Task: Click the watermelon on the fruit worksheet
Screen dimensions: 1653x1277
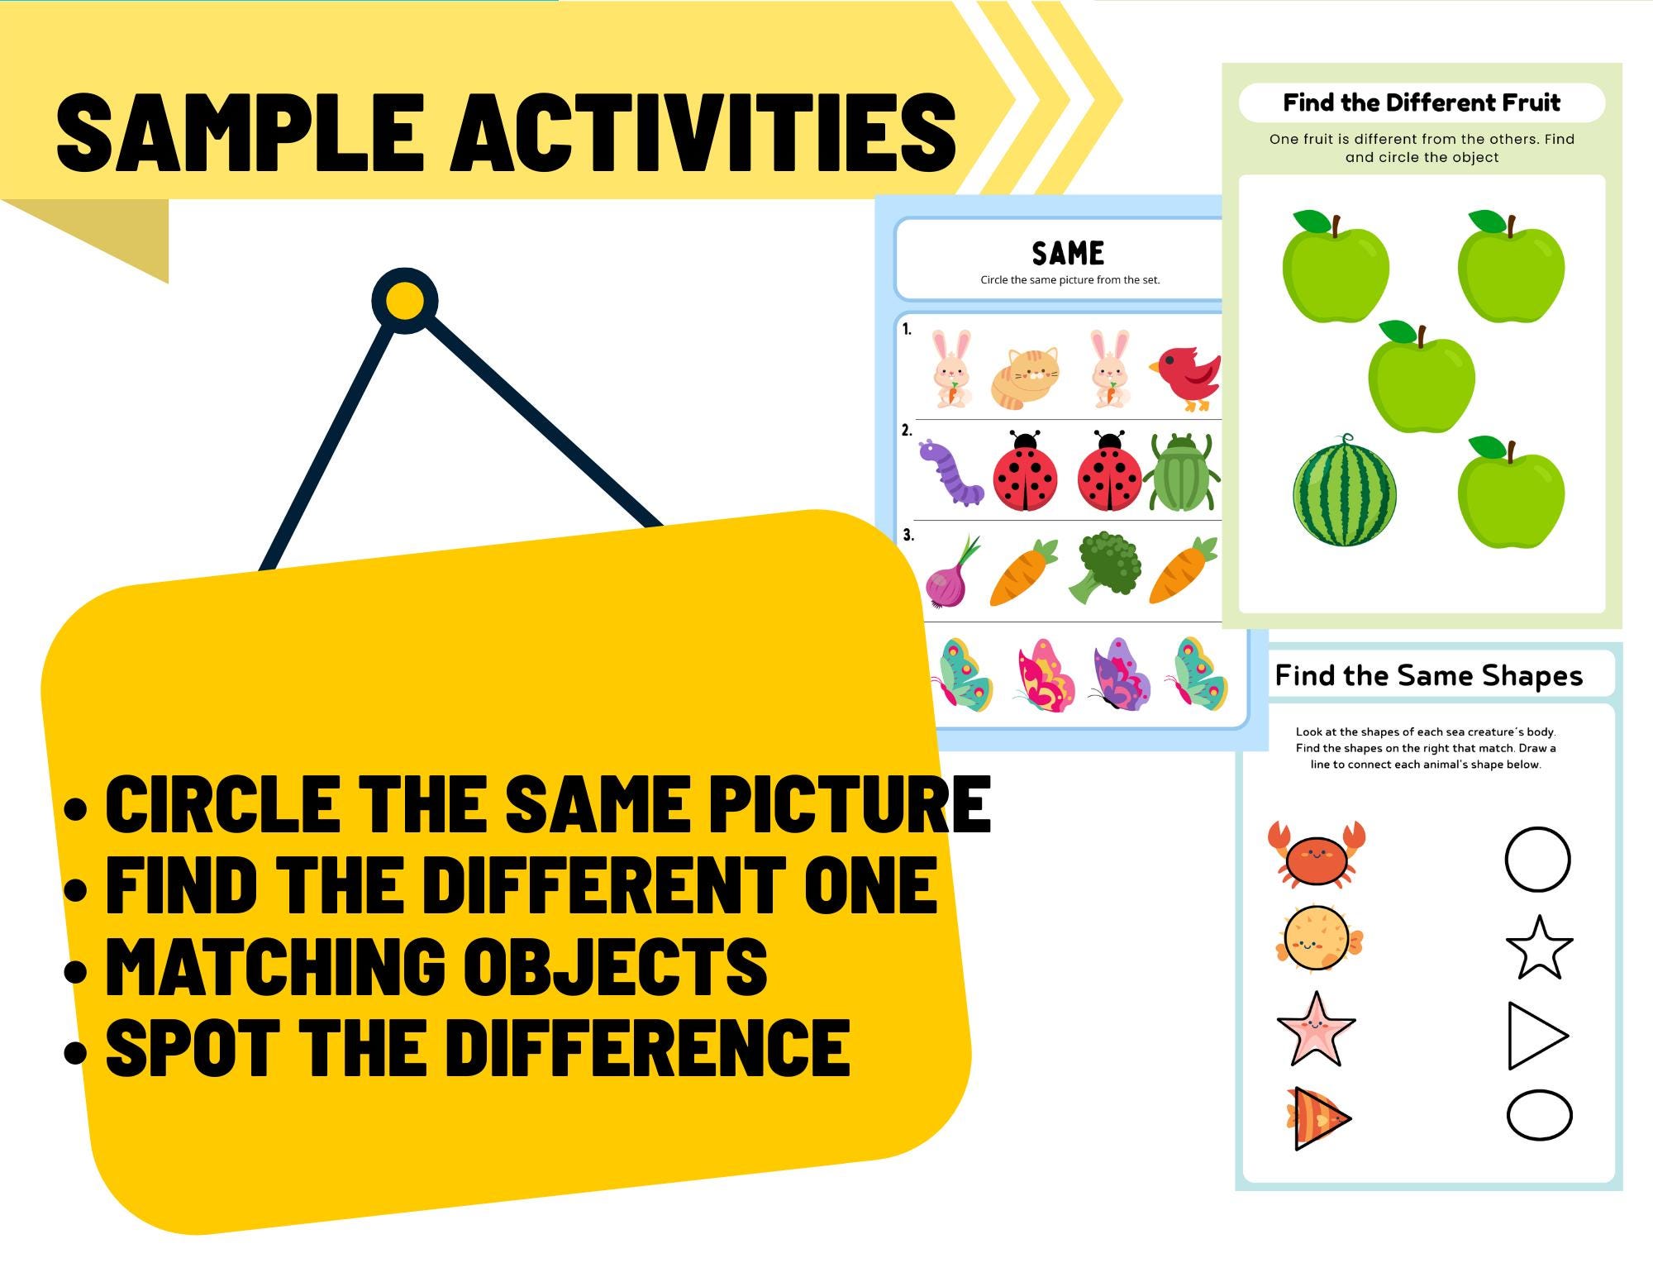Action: click(x=1344, y=491)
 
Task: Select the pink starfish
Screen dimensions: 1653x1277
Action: click(x=1316, y=1030)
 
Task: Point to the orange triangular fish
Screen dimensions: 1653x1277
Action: click(x=1317, y=1118)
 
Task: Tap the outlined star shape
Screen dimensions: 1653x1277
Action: click(x=1539, y=948)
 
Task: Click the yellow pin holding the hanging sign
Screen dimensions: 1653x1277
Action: click(x=404, y=301)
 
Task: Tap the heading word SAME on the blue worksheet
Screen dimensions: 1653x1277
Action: click(x=1068, y=253)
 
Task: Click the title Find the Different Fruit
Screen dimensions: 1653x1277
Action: click(x=1422, y=102)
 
